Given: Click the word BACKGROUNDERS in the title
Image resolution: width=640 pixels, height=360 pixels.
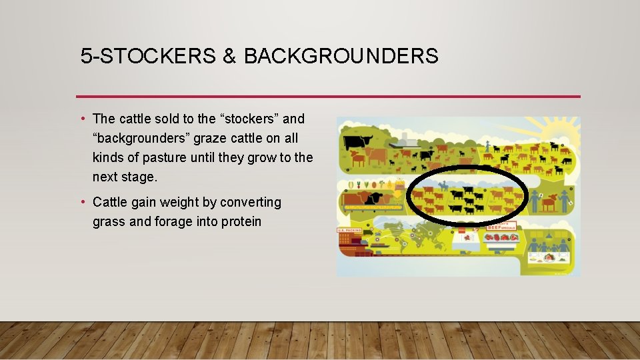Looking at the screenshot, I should point(341,56).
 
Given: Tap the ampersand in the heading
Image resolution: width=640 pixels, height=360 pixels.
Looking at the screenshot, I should point(229,56).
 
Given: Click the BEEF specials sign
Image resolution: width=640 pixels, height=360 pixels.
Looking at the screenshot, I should point(502,227).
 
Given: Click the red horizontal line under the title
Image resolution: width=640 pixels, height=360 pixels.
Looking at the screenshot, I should point(328,97).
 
